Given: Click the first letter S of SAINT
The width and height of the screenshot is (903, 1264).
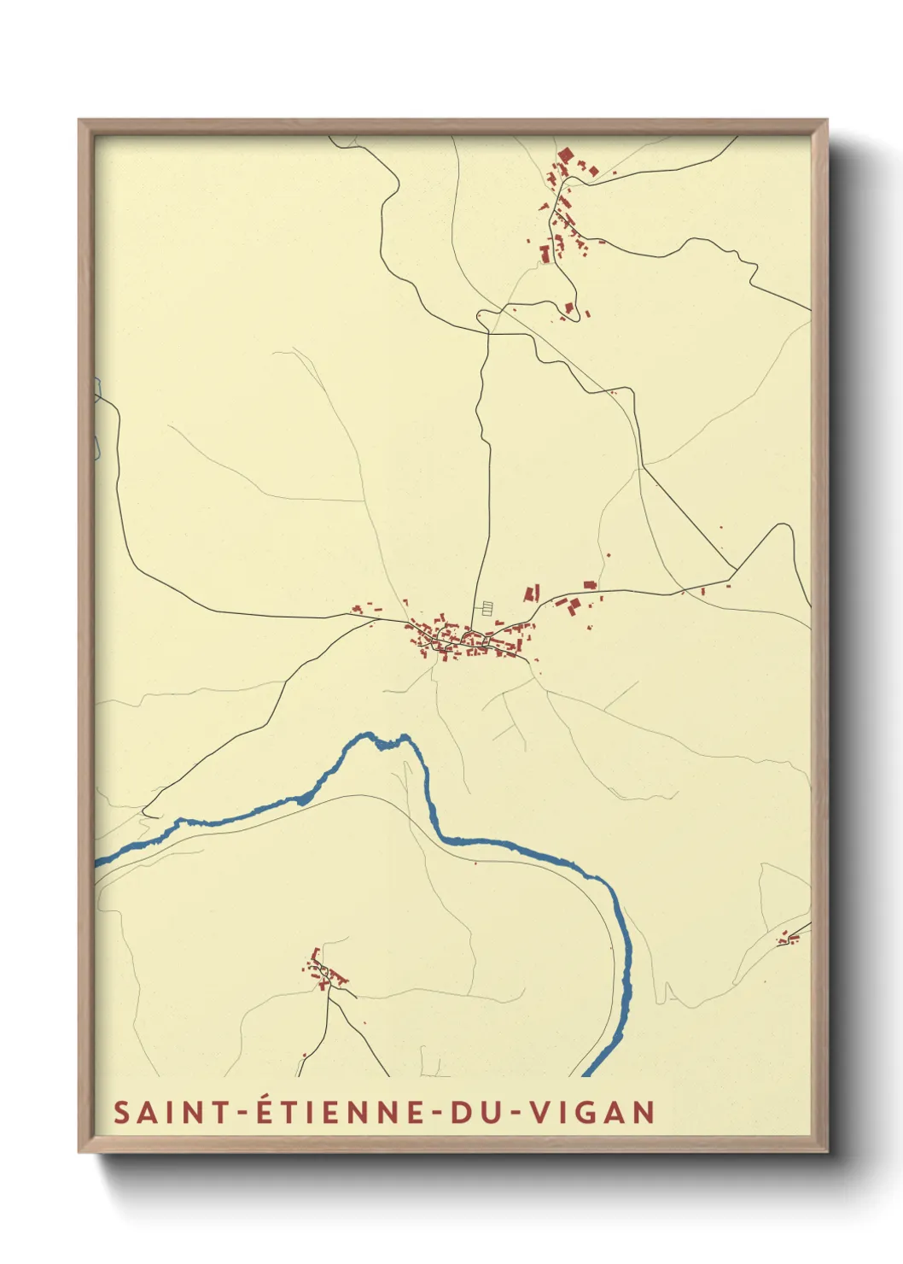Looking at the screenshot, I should tap(121, 1113).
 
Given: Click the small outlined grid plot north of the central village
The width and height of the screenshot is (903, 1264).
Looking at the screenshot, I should tap(486, 608).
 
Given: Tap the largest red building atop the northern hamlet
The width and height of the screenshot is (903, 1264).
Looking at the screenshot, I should tap(564, 155).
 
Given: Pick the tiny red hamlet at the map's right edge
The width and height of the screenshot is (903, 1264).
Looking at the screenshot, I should tap(789, 939).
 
